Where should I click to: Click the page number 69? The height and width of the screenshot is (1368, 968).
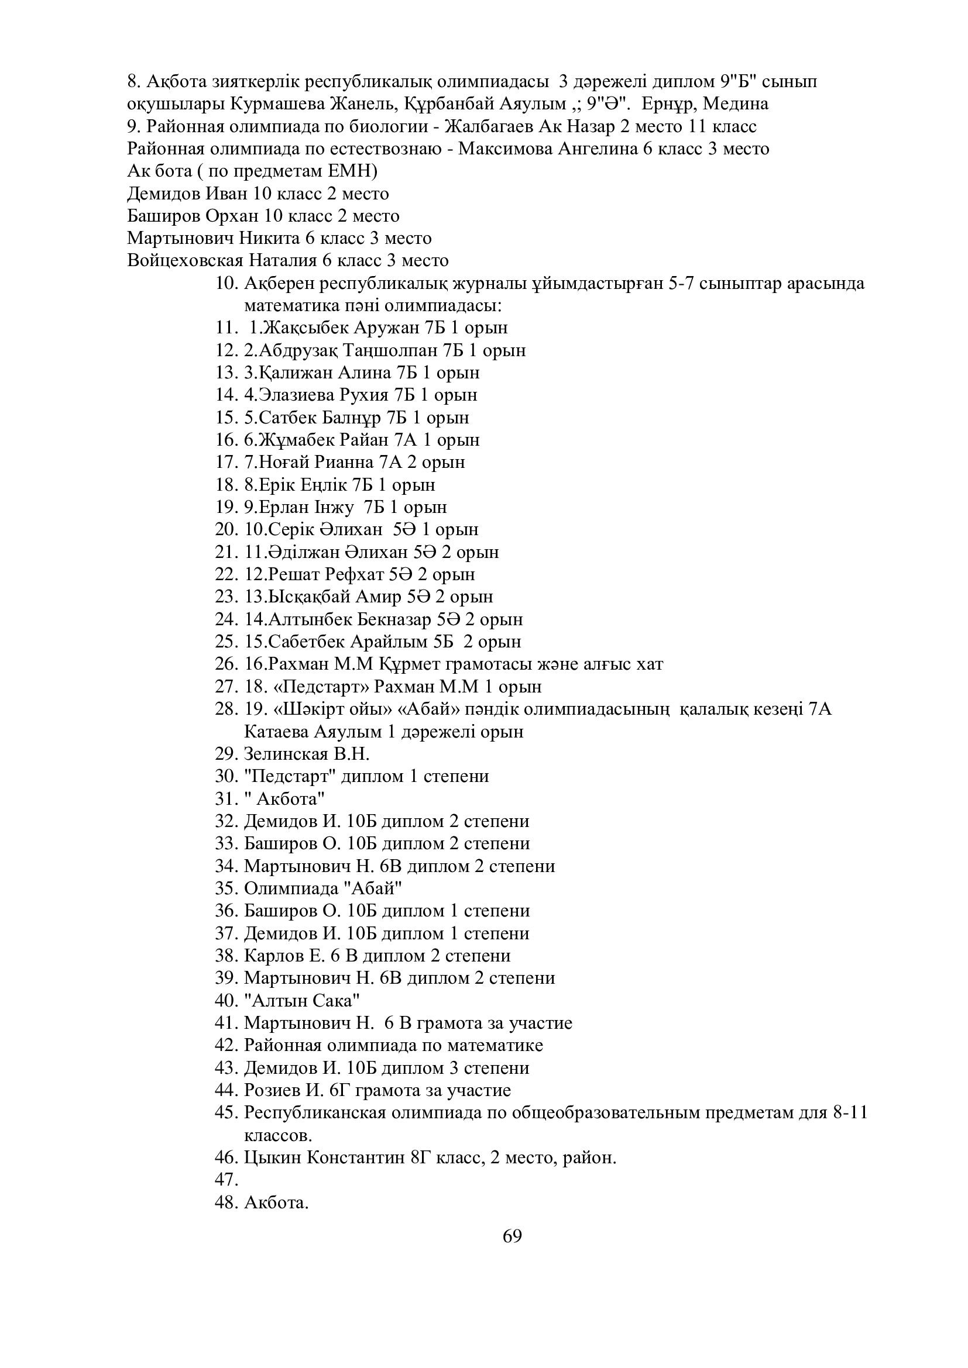(512, 1236)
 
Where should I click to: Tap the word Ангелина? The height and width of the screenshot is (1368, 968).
(596, 149)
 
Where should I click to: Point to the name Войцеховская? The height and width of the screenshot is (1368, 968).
(186, 261)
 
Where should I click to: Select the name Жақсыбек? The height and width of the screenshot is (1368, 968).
(305, 328)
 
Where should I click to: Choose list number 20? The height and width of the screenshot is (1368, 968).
(226, 530)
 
